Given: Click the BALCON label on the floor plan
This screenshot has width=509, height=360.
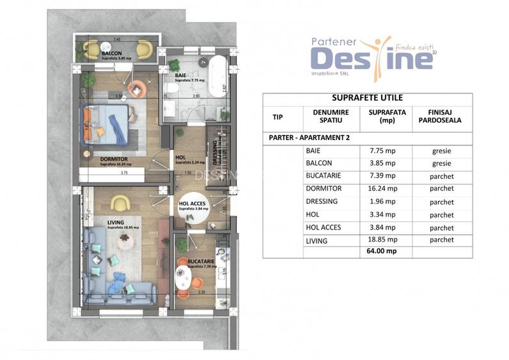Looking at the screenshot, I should tap(113, 53).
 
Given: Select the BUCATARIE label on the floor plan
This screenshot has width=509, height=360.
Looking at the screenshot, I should tap(201, 261).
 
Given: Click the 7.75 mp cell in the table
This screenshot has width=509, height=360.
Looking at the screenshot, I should tap(384, 151).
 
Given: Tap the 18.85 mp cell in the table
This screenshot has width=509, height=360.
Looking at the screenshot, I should tap(384, 240).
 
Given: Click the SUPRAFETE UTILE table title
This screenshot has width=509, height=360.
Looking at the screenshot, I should tap(367, 98).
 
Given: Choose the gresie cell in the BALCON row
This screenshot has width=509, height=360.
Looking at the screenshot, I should tap(442, 163).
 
